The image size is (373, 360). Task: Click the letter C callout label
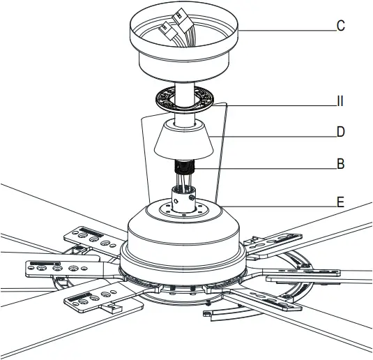[340, 27]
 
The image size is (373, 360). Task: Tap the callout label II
[340, 102]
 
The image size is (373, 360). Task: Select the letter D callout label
[340, 132]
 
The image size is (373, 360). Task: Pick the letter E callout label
[340, 203]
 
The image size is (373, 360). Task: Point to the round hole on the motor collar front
[181, 203]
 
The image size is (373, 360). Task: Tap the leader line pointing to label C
[286, 27]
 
